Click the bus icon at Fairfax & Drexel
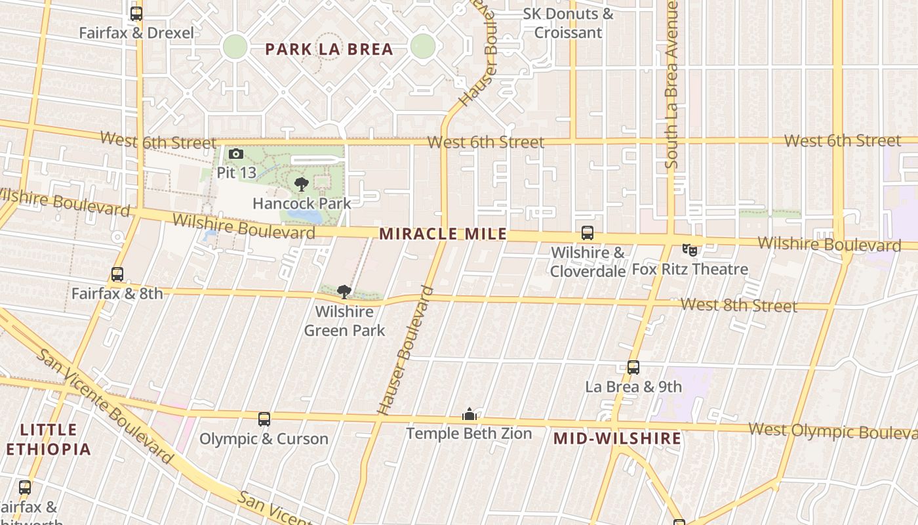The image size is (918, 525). tap(136, 13)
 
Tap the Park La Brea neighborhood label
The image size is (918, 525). tap(329, 49)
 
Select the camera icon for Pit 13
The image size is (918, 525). tap(236, 154)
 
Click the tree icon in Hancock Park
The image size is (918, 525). tap(302, 184)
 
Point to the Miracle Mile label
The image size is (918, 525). tap(443, 234)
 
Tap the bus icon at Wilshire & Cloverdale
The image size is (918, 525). tap(588, 233)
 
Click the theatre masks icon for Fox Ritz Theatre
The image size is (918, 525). tap(689, 249)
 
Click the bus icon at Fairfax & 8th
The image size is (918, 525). tap(117, 274)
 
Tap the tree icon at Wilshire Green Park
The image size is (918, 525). tap(344, 292)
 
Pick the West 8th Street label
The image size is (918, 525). tap(738, 305)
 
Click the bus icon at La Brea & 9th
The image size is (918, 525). tap(633, 367)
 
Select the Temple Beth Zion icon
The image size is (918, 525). tap(469, 414)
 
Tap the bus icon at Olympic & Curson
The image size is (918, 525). tap(264, 419)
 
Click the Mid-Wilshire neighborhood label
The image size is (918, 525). tap(617, 438)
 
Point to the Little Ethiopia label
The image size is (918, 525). tap(48, 440)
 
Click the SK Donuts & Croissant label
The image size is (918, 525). tap(569, 23)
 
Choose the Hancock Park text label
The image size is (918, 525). tap(302, 203)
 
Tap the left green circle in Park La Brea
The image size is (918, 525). tap(235, 47)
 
